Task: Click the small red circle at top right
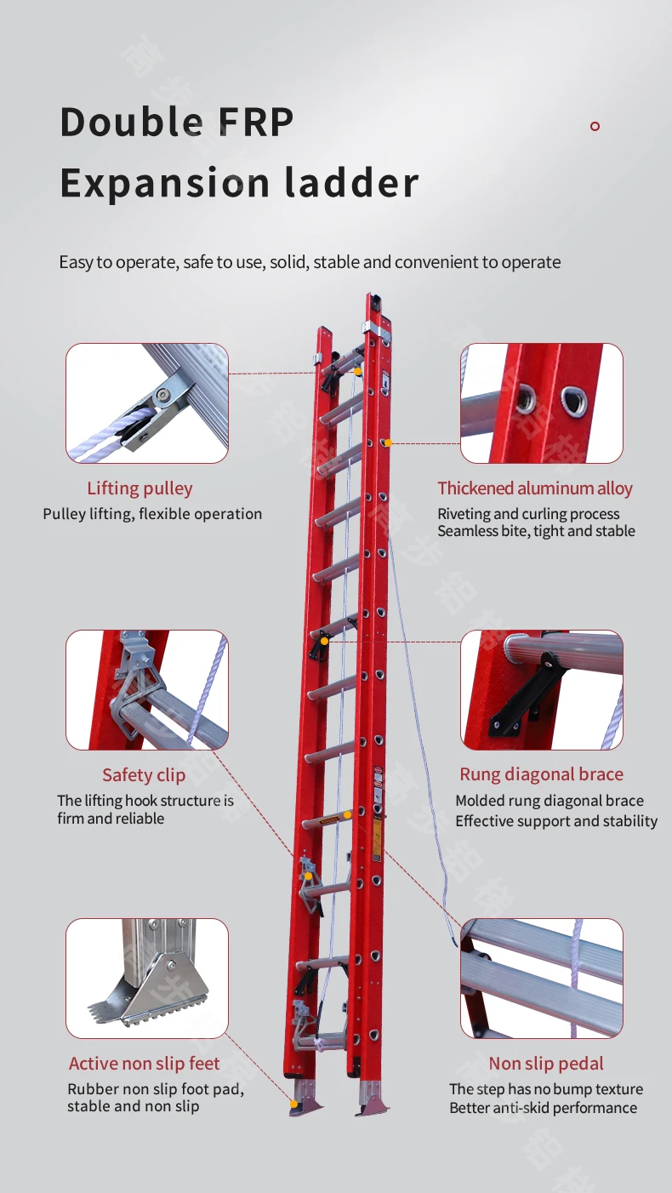pos(595,126)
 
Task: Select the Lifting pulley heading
pos(140,488)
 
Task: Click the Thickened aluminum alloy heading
pos(535,488)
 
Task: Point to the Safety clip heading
pos(144,774)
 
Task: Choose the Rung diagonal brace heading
pos(541,774)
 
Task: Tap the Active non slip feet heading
pos(144,1064)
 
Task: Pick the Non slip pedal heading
pos(546,1064)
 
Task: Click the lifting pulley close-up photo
pos(147,403)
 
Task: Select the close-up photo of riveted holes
pos(542,403)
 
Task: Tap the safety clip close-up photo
pos(147,690)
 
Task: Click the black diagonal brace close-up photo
pos(542,690)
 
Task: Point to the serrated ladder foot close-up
pos(147,979)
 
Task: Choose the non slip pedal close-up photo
pos(542,979)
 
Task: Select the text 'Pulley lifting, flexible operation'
pos(152,514)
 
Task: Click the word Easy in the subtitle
pos(76,262)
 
